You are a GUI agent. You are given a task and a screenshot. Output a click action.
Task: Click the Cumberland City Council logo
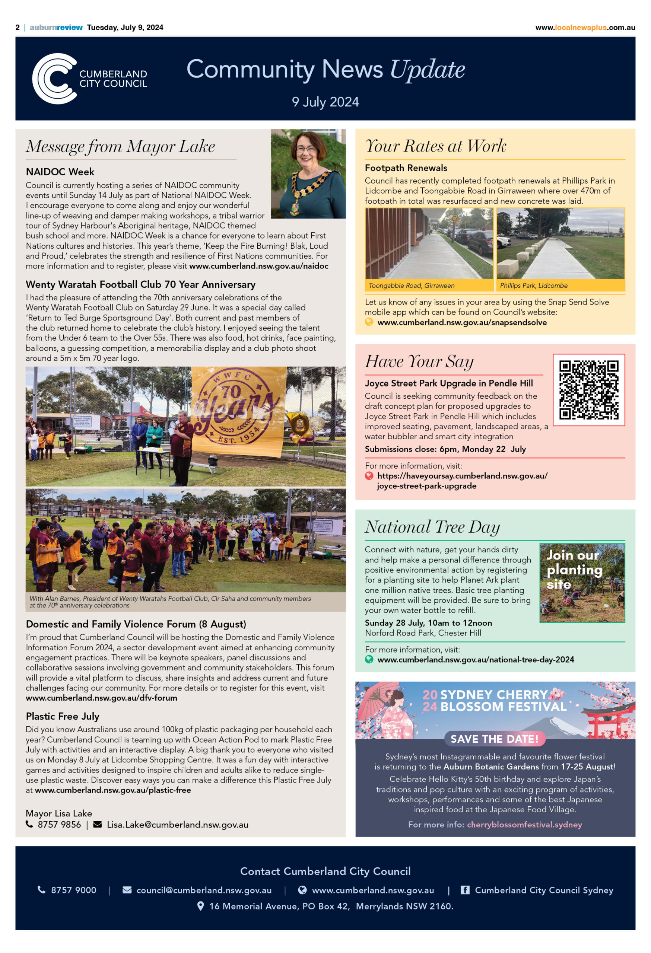(89, 78)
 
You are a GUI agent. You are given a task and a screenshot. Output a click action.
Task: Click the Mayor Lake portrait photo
(308, 174)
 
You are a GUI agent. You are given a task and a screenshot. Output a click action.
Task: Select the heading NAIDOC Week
(60, 172)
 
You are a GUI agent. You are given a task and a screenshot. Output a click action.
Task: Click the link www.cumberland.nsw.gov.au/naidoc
(258, 266)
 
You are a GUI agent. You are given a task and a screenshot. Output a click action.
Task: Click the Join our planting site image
(582, 583)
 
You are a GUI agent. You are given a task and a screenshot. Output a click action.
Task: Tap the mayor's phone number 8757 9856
(59, 824)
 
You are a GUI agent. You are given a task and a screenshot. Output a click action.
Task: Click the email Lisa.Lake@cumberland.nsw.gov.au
(177, 824)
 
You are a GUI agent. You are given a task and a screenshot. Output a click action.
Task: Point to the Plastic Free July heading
(62, 716)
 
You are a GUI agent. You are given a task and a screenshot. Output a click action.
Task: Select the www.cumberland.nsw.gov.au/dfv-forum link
(101, 698)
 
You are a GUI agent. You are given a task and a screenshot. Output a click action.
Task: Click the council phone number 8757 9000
(73, 890)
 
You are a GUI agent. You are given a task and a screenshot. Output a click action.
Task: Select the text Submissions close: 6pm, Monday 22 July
(445, 449)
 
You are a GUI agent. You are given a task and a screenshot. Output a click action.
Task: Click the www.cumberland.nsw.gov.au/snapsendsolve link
(461, 322)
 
